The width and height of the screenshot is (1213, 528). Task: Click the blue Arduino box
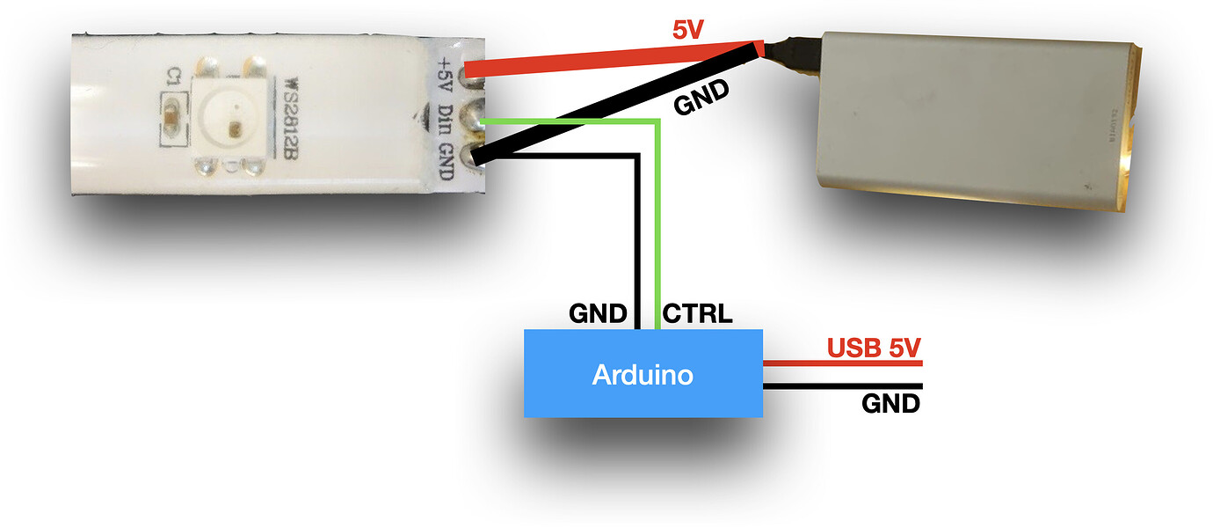pos(643,373)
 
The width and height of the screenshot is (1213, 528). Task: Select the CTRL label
pos(697,313)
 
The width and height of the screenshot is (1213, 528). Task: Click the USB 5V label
pos(874,348)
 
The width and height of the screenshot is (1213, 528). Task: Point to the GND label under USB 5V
pos(890,404)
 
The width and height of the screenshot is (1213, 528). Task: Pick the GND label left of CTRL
pos(598,313)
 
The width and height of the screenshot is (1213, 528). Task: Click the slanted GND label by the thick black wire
pos(702,99)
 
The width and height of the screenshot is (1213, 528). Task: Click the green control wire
pos(658,220)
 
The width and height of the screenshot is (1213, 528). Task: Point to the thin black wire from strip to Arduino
pos(637,238)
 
